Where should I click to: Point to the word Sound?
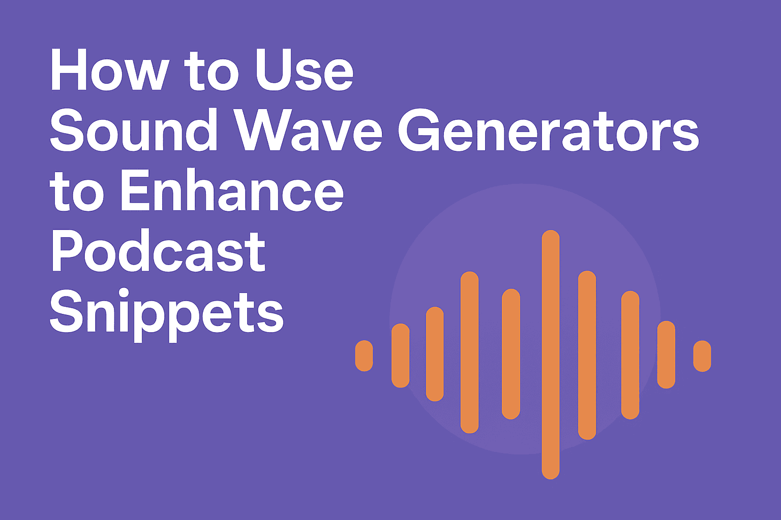click(134, 131)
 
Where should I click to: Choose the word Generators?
click(548, 131)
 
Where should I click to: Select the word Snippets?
click(166, 312)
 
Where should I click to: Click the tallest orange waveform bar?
click(551, 354)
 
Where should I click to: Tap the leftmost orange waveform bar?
click(364, 355)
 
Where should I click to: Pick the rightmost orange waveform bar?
click(702, 356)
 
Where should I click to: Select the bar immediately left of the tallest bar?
click(511, 354)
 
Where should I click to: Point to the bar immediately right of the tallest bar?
click(587, 355)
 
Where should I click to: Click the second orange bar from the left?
click(401, 355)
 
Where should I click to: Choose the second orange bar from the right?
click(666, 354)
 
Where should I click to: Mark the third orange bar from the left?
click(435, 354)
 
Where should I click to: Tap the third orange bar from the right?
click(630, 355)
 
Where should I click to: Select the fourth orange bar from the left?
click(469, 352)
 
